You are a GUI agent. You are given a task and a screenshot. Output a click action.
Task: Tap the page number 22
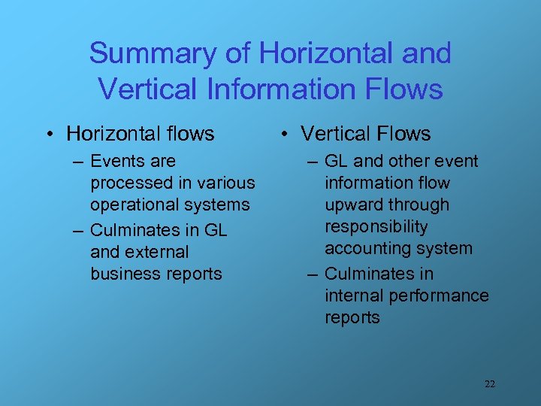(x=489, y=383)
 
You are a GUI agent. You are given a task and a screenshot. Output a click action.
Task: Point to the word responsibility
(x=376, y=226)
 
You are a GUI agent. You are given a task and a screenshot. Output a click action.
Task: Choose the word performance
(x=444, y=295)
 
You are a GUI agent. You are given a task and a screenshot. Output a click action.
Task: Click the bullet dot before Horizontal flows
(x=48, y=135)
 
